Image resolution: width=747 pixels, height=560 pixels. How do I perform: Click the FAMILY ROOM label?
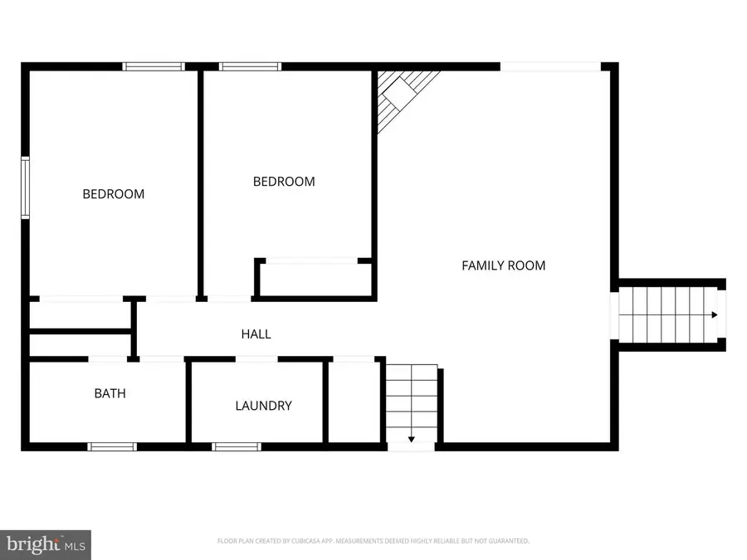click(x=503, y=265)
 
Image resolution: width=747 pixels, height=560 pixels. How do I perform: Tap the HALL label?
click(x=256, y=334)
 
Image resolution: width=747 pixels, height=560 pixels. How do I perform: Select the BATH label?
click(x=110, y=393)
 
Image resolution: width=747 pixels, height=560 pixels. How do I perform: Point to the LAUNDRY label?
click(x=263, y=406)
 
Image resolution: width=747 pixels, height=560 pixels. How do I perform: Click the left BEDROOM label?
click(x=113, y=194)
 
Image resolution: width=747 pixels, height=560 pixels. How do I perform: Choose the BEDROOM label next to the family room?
click(x=284, y=182)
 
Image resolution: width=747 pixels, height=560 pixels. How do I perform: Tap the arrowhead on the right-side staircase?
click(x=714, y=315)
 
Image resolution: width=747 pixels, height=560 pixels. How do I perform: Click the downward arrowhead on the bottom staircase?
click(x=412, y=439)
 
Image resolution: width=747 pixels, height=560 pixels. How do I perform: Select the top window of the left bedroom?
click(x=154, y=66)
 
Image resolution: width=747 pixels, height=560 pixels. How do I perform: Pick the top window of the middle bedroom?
click(x=250, y=66)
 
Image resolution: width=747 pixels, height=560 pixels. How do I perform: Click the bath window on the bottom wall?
click(x=112, y=446)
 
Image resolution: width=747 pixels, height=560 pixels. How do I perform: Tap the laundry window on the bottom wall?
click(x=237, y=446)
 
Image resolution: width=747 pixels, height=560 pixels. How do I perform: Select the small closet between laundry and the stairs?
click(x=354, y=402)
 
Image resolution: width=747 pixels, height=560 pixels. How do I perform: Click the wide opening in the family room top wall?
click(x=550, y=66)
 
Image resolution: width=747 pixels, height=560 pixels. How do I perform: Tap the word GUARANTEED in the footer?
click(x=505, y=541)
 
